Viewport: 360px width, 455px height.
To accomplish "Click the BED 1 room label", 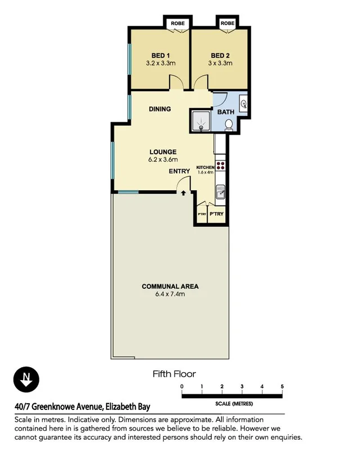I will coord(161,55).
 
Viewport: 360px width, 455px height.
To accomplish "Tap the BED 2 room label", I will coord(220,55).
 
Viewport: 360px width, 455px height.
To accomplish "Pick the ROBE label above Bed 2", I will coord(227,24).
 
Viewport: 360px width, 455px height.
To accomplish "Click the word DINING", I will coord(160,109).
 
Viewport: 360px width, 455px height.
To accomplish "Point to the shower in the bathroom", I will coord(199,121).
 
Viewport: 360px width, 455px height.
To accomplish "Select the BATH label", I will coord(226,112).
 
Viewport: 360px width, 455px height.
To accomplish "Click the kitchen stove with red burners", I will coord(220,166).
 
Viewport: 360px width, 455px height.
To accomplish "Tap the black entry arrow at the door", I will coord(184,194).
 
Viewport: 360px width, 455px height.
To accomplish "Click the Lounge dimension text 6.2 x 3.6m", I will coord(163,160).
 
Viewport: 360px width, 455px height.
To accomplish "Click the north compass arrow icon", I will coord(25,379).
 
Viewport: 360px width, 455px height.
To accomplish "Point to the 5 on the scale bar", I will coord(282,386).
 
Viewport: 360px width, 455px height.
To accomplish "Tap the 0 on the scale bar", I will coord(182,386).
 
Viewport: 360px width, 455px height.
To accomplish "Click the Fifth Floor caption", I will coord(174,373).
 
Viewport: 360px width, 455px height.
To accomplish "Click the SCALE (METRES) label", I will coord(234,404).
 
